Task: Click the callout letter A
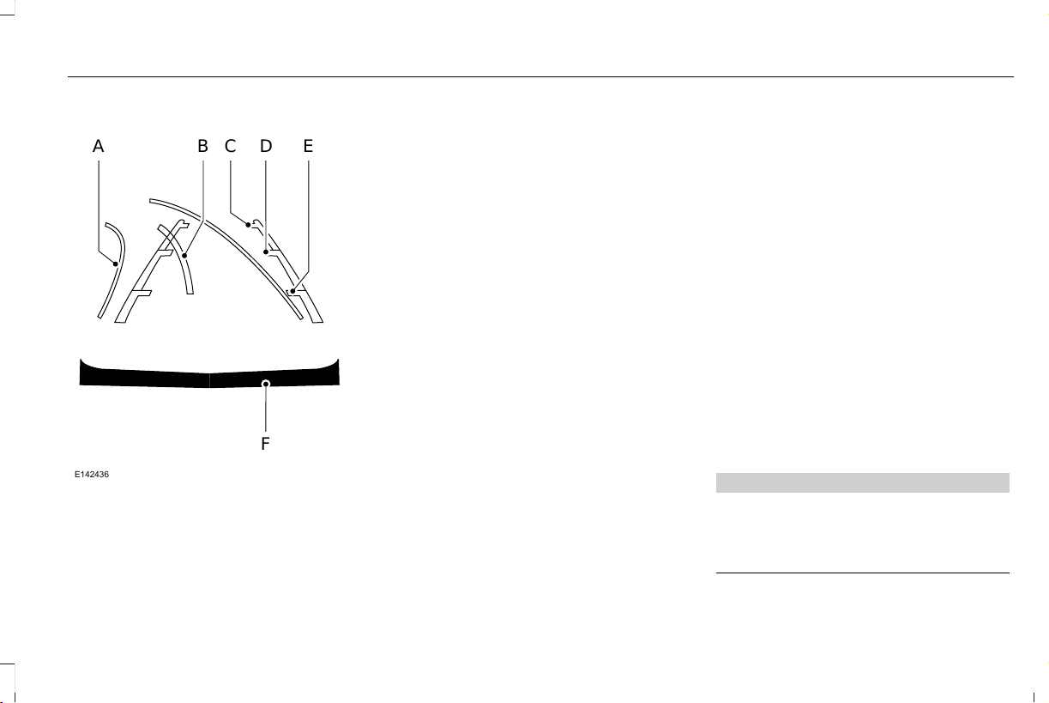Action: [x=98, y=146]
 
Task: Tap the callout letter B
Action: [x=202, y=146]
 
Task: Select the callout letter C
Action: [x=230, y=146]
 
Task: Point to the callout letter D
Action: [x=266, y=146]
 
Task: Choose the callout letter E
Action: [x=308, y=146]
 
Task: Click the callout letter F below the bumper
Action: [x=265, y=444]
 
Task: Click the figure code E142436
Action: [x=92, y=475]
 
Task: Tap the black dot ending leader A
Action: [x=116, y=264]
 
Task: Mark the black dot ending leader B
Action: [x=184, y=256]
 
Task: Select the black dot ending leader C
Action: [x=248, y=225]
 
